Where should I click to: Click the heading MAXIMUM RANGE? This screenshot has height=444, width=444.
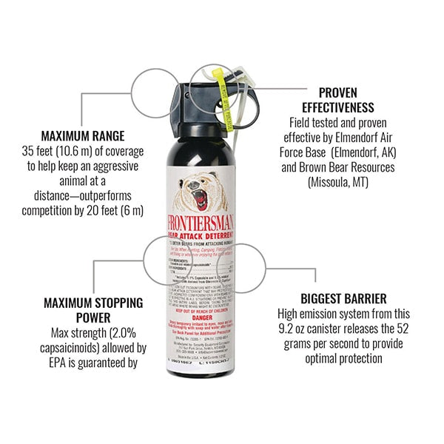82,136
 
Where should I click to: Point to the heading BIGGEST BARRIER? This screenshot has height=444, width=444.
343,299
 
